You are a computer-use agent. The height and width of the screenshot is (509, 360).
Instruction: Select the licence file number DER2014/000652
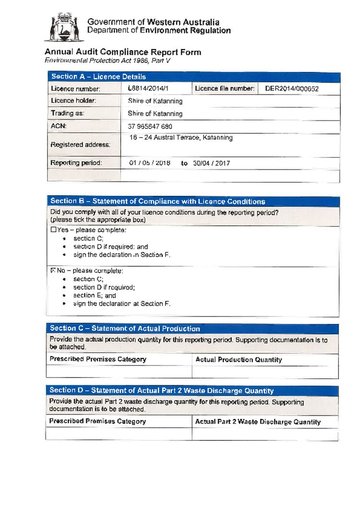click(x=291, y=89)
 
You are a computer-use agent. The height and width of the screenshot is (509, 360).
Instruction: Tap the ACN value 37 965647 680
click(x=150, y=127)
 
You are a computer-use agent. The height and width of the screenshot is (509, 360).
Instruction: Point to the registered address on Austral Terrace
click(x=181, y=138)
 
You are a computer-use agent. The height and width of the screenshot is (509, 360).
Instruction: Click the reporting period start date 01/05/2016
click(x=150, y=163)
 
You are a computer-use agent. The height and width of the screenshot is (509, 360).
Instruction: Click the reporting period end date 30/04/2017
click(x=211, y=163)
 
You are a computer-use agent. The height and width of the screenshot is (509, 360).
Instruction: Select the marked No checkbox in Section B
click(x=53, y=271)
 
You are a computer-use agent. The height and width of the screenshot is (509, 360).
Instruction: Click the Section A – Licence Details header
click(x=98, y=77)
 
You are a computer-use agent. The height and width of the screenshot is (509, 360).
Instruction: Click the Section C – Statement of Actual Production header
click(x=125, y=329)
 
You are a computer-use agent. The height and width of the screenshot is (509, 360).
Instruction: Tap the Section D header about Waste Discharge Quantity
click(x=161, y=391)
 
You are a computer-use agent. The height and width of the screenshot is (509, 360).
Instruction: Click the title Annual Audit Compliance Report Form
click(x=123, y=52)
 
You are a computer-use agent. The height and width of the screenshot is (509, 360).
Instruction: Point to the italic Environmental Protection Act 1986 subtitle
click(x=108, y=60)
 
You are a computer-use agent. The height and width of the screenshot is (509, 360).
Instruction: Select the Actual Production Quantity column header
click(x=239, y=359)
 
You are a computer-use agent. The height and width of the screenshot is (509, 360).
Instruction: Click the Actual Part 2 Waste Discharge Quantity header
click(x=258, y=422)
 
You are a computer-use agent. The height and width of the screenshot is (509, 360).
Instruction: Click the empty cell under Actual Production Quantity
click(x=265, y=372)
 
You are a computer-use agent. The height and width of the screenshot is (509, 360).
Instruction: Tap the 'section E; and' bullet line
click(x=95, y=296)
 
